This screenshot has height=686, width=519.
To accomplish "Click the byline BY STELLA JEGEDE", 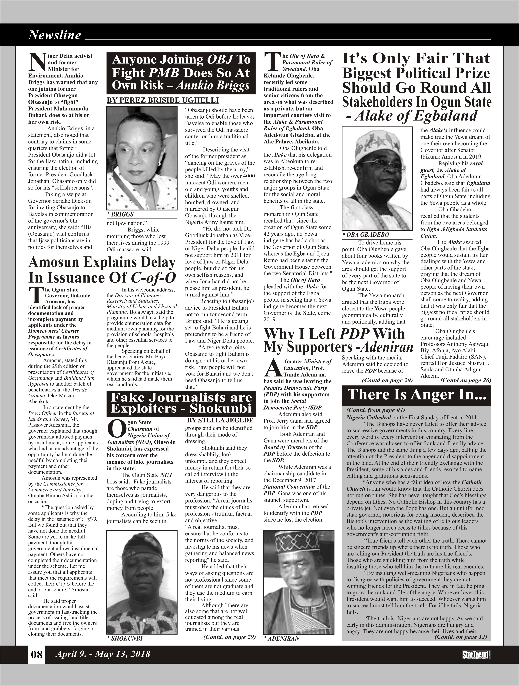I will pyautogui.click(x=220, y=420).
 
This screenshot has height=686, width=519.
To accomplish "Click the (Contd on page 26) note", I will pyautogui.click(x=465, y=380).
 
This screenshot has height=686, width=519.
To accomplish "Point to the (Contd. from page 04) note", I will pyautogui.click(x=375, y=410).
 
